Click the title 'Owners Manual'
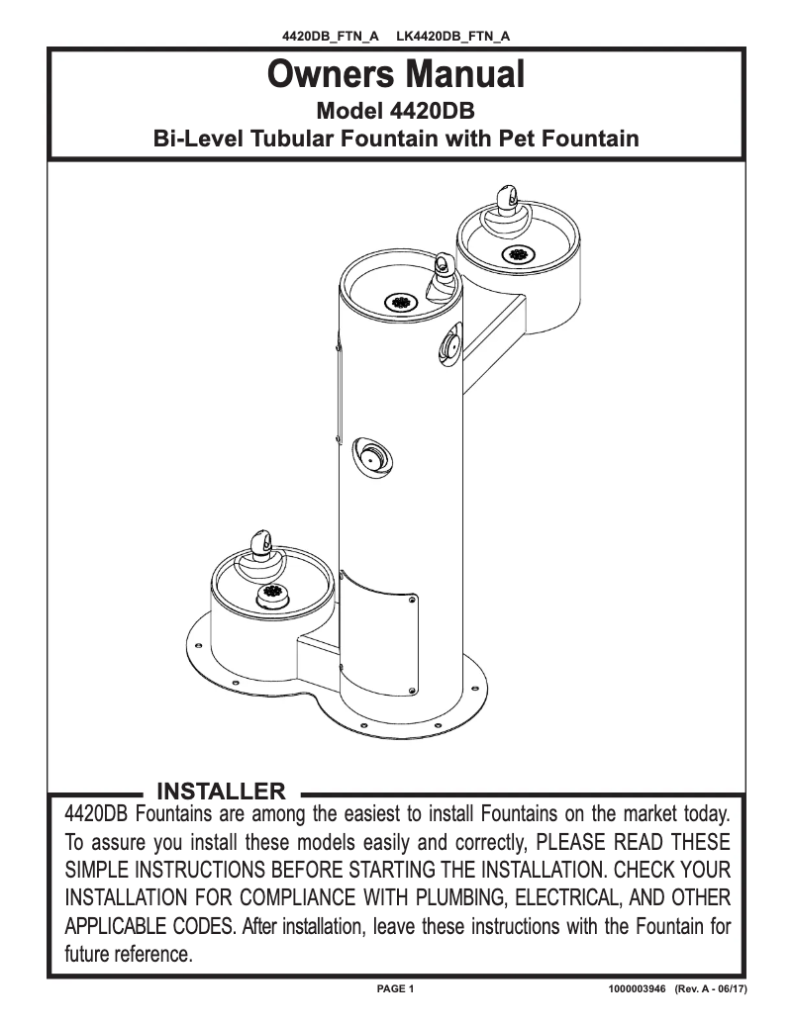(396, 73)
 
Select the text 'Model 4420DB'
(395, 111)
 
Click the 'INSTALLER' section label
(221, 792)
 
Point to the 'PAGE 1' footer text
(395, 988)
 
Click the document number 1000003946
(637, 988)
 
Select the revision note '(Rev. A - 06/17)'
(711, 988)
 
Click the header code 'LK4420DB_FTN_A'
(453, 36)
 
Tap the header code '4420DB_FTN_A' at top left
(331, 36)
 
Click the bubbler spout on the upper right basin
(507, 200)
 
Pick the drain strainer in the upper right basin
(518, 253)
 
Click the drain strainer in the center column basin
(401, 303)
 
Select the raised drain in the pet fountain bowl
(272, 595)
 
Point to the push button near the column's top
(450, 343)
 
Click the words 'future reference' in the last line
(128, 954)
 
